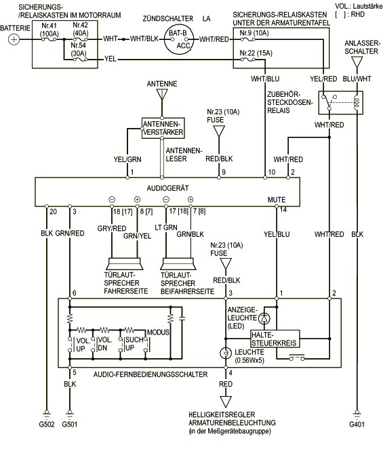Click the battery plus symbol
pyautogui.click(x=14, y=39)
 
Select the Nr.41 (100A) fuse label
pyautogui.click(x=49, y=30)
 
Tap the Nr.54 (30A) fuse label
pyautogui.click(x=79, y=49)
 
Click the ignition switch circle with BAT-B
pyautogui.click(x=178, y=39)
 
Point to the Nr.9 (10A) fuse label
pyautogui.click(x=254, y=32)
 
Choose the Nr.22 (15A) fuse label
pyautogui.click(x=256, y=53)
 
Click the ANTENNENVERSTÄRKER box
pyautogui.click(x=163, y=128)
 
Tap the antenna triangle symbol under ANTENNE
pyautogui.click(x=162, y=94)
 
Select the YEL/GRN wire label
pyautogui.click(x=127, y=159)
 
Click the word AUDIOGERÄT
pyautogui.click(x=167, y=188)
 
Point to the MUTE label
pyautogui.click(x=277, y=200)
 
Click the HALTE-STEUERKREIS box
pyautogui.click(x=275, y=339)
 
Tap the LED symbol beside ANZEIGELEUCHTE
pyautogui.click(x=264, y=318)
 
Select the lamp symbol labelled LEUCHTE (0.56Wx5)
pyautogui.click(x=226, y=353)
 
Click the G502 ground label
pyautogui.click(x=47, y=425)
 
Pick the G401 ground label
pyautogui.click(x=357, y=425)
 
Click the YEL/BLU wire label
pyautogui.click(x=277, y=234)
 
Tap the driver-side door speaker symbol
pyautogui.click(x=124, y=263)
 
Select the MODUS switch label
pyautogui.click(x=158, y=332)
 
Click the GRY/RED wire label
pyautogui.click(x=112, y=228)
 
